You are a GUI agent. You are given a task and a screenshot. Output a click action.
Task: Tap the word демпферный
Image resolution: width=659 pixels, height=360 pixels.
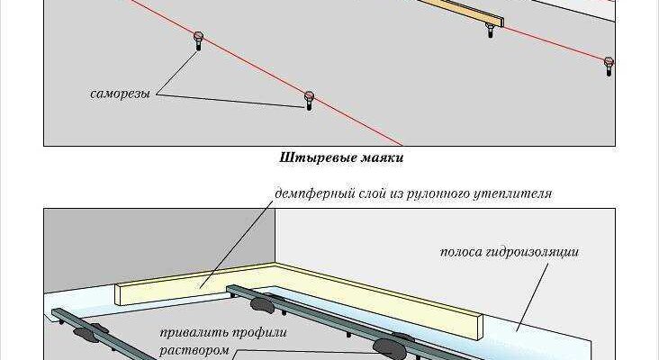point(308,193)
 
